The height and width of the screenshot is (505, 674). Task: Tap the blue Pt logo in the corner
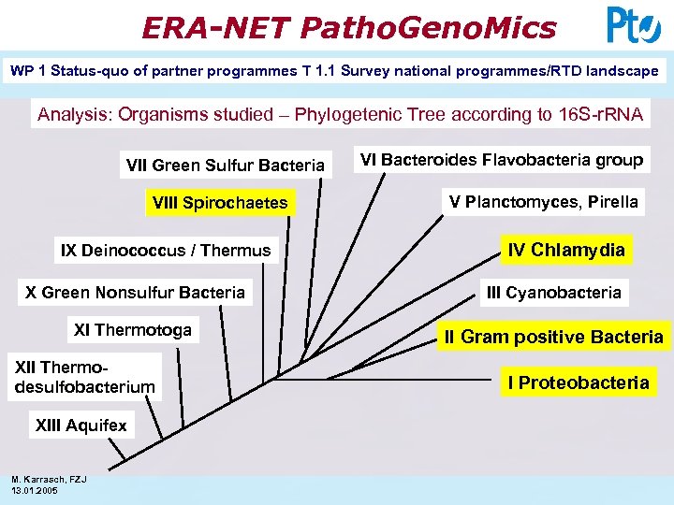[x=634, y=25]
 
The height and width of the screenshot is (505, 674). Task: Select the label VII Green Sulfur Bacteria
[x=225, y=166]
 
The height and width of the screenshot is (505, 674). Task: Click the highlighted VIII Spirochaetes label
[x=220, y=203]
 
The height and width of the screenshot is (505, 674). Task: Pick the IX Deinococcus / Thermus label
[x=166, y=250]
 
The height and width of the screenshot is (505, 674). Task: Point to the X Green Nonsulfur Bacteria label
[x=136, y=293]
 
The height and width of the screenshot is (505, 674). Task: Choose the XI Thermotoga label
[x=132, y=329]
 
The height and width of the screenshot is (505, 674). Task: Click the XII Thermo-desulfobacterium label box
[x=84, y=377]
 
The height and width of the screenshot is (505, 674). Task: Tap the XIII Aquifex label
[x=81, y=426]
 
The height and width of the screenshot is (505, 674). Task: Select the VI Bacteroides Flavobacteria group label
[x=502, y=160]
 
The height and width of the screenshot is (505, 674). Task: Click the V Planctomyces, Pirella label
[x=544, y=201]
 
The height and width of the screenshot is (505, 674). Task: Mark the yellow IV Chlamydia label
[x=566, y=250]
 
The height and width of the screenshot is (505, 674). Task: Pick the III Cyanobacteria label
[x=553, y=293]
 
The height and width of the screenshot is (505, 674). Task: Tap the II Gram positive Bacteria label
[x=553, y=337]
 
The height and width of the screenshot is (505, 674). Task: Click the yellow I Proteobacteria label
[x=578, y=382]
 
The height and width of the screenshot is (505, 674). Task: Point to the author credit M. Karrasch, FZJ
[x=49, y=480]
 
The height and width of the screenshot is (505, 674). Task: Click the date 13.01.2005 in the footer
[x=35, y=490]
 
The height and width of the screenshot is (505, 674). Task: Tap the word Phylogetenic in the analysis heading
[x=349, y=115]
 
